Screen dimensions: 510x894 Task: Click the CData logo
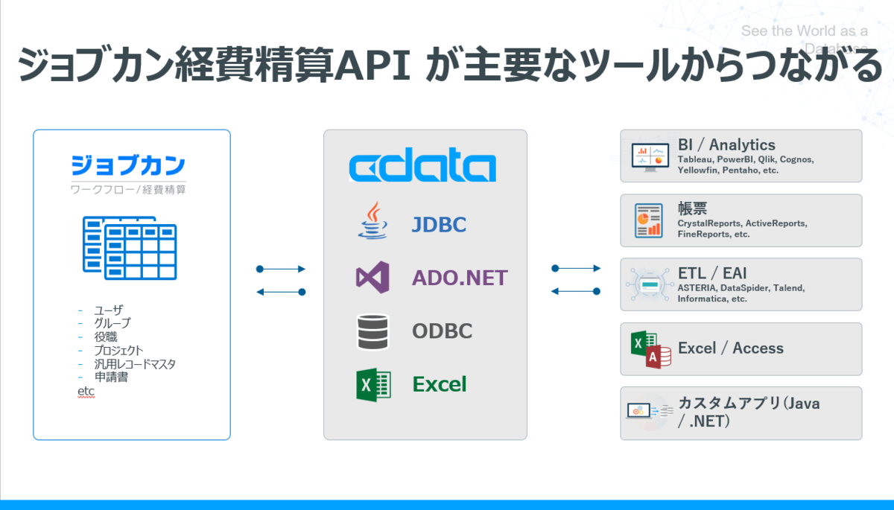(x=422, y=167)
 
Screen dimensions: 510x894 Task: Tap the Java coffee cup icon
(x=372, y=221)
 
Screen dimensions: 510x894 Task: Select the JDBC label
(x=439, y=223)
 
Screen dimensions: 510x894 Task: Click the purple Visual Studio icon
(x=372, y=277)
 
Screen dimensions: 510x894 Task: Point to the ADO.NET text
(x=460, y=278)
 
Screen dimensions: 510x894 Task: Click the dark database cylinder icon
(x=372, y=332)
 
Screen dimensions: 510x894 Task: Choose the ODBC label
(x=443, y=331)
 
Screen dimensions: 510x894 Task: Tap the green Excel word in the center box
(x=440, y=384)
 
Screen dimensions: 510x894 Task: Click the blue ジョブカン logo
(x=128, y=165)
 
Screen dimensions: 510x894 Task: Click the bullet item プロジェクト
(x=118, y=350)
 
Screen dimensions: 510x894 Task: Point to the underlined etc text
(x=86, y=391)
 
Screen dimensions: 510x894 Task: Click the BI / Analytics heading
(x=726, y=144)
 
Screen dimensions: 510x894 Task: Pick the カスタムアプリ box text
(x=749, y=412)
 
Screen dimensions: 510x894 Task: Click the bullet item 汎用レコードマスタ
(x=135, y=364)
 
